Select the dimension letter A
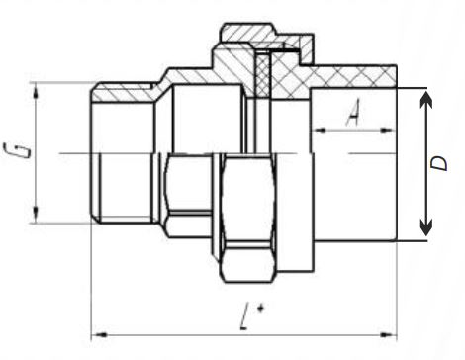[352, 116]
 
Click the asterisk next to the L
[259, 308]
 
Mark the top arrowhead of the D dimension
[425, 99]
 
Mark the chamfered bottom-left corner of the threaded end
[95, 216]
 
